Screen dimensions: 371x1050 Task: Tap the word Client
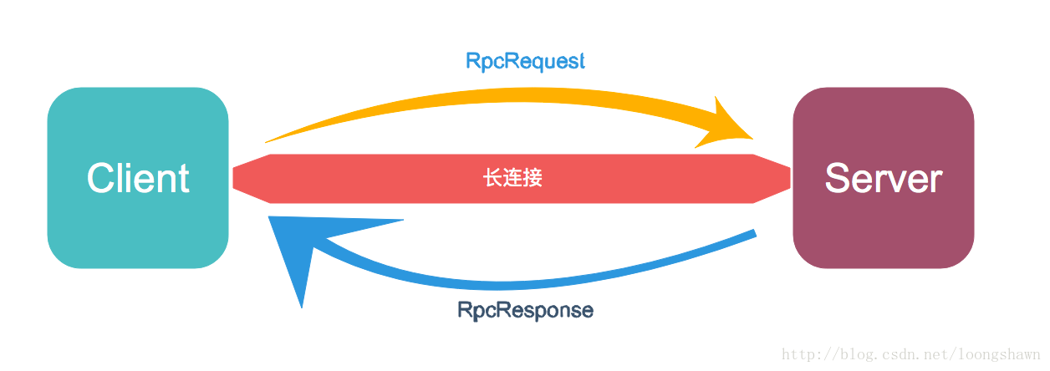click(138, 178)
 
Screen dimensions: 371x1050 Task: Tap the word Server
click(883, 178)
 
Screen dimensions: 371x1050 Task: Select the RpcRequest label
click(525, 61)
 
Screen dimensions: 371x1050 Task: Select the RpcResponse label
click(525, 310)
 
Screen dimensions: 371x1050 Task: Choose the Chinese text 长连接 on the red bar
click(512, 178)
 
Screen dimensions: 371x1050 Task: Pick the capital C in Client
click(100, 178)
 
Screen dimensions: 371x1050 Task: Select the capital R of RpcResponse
click(464, 310)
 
